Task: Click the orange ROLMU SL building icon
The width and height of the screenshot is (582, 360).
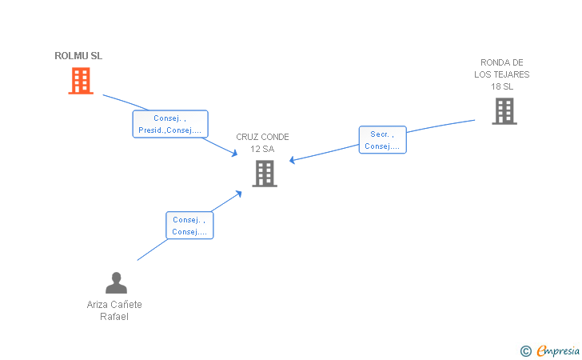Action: point(81,80)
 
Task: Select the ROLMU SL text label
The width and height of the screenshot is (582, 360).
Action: point(78,56)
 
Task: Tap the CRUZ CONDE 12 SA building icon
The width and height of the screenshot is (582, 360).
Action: point(265,174)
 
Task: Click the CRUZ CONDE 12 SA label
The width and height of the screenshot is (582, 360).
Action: point(262,142)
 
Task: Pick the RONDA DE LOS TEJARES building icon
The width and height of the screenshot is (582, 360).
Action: point(504,111)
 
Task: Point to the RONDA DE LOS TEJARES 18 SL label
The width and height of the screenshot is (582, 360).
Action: point(502,74)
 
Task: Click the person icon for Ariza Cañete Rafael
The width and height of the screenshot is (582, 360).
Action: point(116,283)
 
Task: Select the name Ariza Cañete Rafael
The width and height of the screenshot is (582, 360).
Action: point(114,310)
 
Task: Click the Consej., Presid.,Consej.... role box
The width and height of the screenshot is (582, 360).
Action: point(170,124)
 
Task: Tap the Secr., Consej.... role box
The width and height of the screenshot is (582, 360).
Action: point(383,140)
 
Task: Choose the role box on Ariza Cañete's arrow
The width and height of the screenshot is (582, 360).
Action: point(189,226)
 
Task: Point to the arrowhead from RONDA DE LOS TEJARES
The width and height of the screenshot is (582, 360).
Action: point(292,161)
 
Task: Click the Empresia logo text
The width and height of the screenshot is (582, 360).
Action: point(557,350)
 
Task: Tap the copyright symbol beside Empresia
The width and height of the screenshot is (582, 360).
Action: point(525,350)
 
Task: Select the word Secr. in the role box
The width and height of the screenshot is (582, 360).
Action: point(379,134)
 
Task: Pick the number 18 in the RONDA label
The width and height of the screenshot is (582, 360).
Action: point(496,86)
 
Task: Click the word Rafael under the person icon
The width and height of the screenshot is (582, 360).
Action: point(114,316)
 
